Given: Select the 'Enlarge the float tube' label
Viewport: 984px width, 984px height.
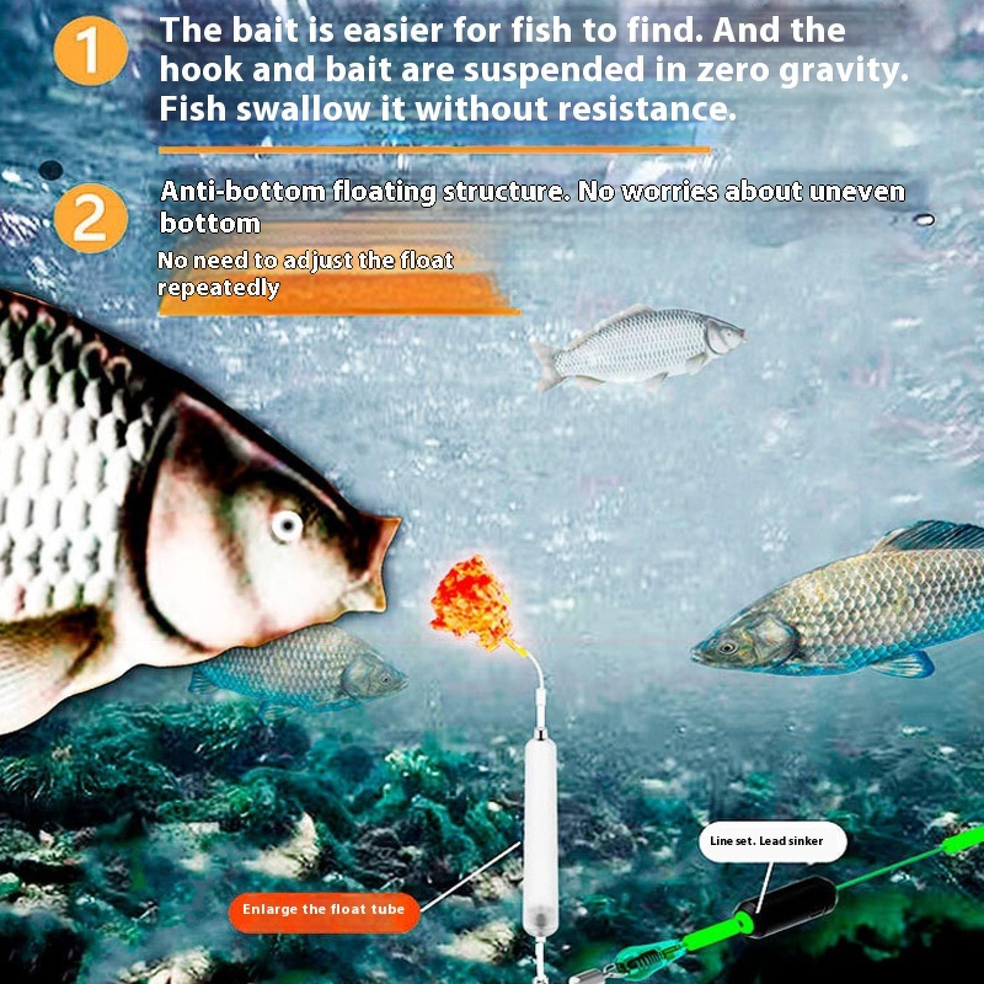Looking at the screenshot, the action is click(x=324, y=910).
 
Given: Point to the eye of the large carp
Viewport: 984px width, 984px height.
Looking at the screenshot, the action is click(x=287, y=525).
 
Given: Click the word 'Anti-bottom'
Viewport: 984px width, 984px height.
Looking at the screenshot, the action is click(x=242, y=192).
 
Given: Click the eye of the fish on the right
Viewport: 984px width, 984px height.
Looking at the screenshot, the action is click(x=728, y=647).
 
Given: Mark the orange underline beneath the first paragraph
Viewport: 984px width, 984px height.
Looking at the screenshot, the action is click(x=434, y=149).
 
